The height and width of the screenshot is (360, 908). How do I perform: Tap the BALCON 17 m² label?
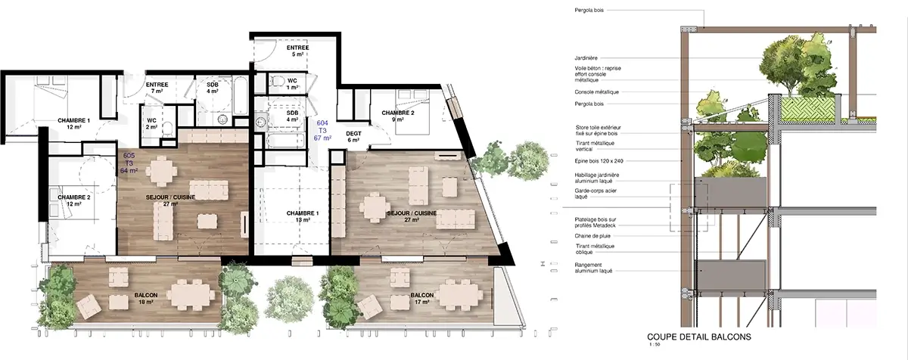[x=422, y=299]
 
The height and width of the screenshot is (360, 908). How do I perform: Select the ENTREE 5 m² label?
[x=297, y=51]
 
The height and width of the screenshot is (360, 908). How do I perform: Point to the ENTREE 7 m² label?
[x=157, y=88]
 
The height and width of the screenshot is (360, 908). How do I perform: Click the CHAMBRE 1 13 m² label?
[x=303, y=217]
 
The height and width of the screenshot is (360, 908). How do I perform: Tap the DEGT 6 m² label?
[x=353, y=137]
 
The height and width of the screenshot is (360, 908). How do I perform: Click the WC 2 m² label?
[x=151, y=123]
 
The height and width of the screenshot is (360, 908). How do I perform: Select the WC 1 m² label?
[x=292, y=84]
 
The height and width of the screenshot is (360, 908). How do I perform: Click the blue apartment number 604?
[x=322, y=123]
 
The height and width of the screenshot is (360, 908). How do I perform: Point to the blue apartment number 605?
[x=129, y=155]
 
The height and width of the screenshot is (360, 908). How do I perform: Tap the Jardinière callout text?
[x=586, y=57]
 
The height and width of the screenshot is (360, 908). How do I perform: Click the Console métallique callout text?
[x=597, y=92]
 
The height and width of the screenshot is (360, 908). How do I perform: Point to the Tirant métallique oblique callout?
[x=595, y=250]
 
